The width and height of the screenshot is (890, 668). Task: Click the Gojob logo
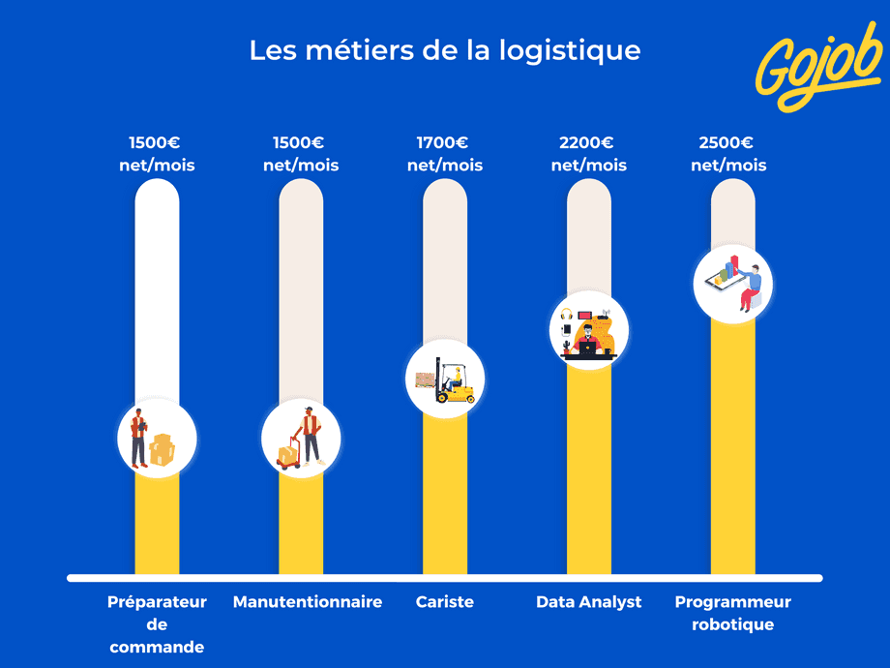coord(819,65)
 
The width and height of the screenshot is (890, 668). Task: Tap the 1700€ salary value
coord(443,143)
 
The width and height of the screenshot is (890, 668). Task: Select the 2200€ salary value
coord(587,143)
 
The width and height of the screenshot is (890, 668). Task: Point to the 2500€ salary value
coord(727,143)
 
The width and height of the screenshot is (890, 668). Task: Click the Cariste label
coord(445,602)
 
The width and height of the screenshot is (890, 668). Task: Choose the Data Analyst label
coord(588,602)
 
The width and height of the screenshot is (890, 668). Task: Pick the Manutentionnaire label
coord(307,602)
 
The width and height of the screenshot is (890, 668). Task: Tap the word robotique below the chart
coord(732,624)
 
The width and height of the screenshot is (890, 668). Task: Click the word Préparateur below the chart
coord(157,602)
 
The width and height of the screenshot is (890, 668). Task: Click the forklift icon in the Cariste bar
coord(445,380)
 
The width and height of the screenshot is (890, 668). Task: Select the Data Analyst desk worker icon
coord(589,331)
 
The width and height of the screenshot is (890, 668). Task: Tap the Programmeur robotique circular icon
coord(732,284)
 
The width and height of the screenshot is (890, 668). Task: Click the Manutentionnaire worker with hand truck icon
coord(301,439)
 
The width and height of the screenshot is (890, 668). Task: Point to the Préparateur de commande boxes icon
coord(157,439)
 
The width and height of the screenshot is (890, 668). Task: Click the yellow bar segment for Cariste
coord(445,494)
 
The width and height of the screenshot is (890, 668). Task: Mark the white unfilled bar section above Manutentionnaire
coord(301,290)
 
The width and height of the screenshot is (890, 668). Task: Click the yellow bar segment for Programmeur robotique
coord(732,445)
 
